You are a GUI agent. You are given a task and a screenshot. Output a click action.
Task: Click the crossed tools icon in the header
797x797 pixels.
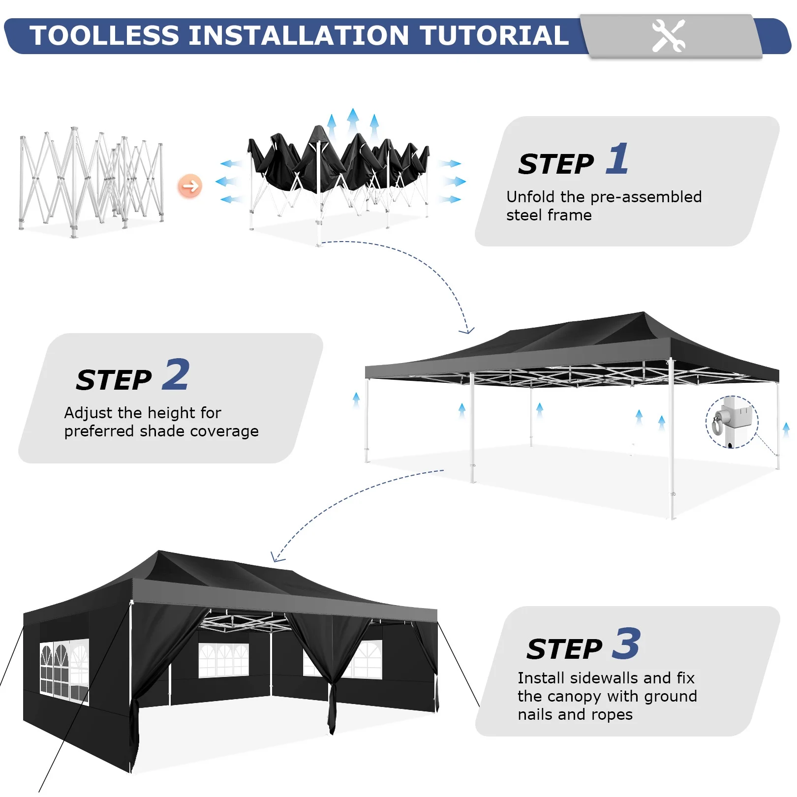(x=668, y=35)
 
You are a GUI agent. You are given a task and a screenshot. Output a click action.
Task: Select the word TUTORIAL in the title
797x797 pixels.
(x=494, y=35)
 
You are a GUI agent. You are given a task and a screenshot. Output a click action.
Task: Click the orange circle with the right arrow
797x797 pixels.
(x=190, y=186)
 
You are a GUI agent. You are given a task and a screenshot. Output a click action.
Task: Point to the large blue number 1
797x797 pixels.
(x=617, y=158)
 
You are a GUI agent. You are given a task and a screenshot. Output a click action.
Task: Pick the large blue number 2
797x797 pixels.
(x=176, y=374)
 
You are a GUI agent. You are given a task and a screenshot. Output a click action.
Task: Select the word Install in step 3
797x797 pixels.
(x=541, y=678)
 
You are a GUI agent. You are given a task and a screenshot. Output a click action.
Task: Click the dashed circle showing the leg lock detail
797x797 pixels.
(x=732, y=422)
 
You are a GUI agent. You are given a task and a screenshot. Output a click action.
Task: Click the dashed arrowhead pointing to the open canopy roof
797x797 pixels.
(x=467, y=330)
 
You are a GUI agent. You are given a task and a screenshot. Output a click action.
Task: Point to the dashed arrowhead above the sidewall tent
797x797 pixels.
(x=277, y=557)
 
